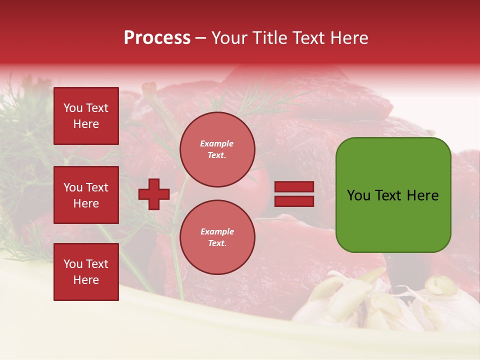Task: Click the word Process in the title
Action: point(157,38)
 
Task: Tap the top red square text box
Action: point(86,116)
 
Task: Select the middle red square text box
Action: point(86,195)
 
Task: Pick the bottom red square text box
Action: point(86,272)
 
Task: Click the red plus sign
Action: point(154,194)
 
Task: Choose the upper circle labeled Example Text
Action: point(217,149)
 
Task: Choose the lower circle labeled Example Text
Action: point(217,237)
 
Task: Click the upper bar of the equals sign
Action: point(294,187)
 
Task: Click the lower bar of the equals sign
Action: point(294,201)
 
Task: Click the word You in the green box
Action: point(358,195)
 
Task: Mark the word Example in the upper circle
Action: point(217,143)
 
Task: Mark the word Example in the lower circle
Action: point(217,231)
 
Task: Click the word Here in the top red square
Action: point(86,124)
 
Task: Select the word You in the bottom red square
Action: point(73,264)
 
